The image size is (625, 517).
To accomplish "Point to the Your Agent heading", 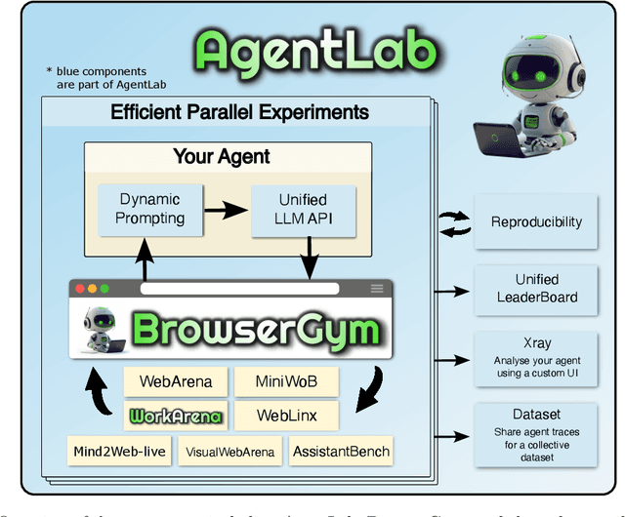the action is (x=222, y=156).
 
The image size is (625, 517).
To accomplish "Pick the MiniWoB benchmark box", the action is (x=285, y=380).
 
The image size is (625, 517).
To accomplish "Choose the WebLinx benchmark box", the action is (x=285, y=416).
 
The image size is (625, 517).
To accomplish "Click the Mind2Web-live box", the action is (x=120, y=451).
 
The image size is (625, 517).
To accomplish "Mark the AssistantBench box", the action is (x=341, y=451).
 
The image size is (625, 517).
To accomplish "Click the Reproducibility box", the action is (x=535, y=221).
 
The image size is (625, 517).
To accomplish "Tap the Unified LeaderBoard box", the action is (x=535, y=289).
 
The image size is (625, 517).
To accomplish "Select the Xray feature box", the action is (x=535, y=359).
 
